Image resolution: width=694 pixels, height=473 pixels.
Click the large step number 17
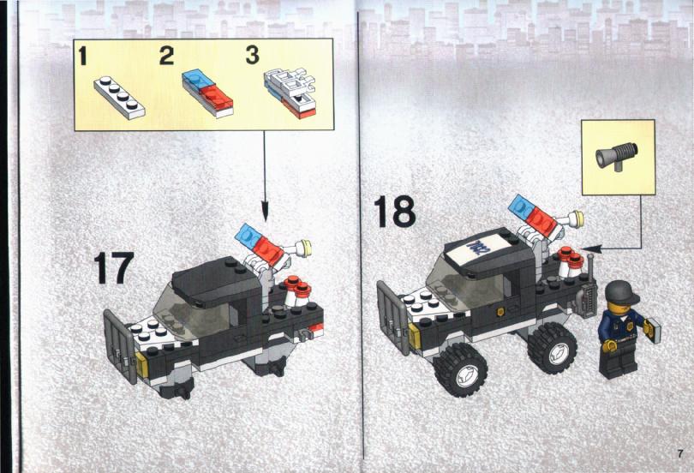click(x=113, y=267)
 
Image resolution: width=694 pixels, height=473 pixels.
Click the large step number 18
click(x=394, y=212)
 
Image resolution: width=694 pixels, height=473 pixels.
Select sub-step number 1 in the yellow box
click(x=82, y=57)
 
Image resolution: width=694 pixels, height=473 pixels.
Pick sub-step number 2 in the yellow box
click(x=167, y=56)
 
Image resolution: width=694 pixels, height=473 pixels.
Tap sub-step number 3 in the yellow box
click(x=252, y=56)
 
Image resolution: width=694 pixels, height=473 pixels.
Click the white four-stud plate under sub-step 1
click(x=119, y=98)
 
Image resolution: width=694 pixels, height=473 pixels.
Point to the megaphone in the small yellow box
click(x=616, y=155)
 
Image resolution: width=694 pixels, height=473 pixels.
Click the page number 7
click(x=679, y=453)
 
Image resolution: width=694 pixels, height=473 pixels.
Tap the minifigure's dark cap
click(x=622, y=290)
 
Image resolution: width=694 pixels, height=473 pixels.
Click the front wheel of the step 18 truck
click(x=460, y=370)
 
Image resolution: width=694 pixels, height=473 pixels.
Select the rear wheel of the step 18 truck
click(x=552, y=348)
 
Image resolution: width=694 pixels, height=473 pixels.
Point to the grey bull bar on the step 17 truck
click(x=120, y=347)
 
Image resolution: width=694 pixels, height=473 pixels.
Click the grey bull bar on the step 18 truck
click(x=393, y=317)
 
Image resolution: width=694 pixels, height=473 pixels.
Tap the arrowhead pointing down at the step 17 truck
click(x=265, y=211)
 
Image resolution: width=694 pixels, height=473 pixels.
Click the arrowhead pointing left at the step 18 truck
click(x=592, y=248)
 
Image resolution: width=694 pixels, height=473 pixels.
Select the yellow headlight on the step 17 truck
click(x=142, y=364)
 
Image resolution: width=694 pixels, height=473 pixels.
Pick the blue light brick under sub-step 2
click(x=198, y=79)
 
